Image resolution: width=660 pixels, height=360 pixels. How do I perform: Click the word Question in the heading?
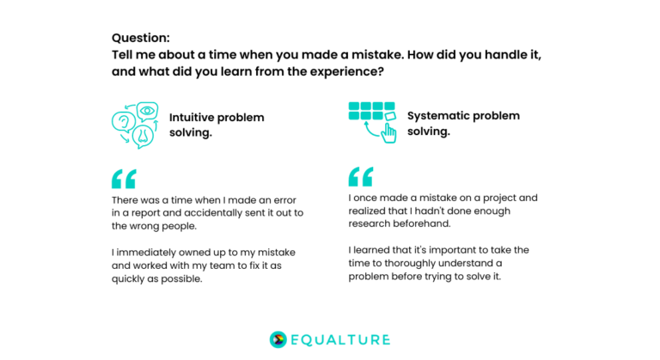coord(141,38)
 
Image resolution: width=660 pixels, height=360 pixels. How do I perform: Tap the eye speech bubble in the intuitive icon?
coord(147,111)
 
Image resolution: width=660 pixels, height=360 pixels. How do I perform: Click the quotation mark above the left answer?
coord(124,179)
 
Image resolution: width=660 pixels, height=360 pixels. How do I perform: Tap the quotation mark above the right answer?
coord(361,176)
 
